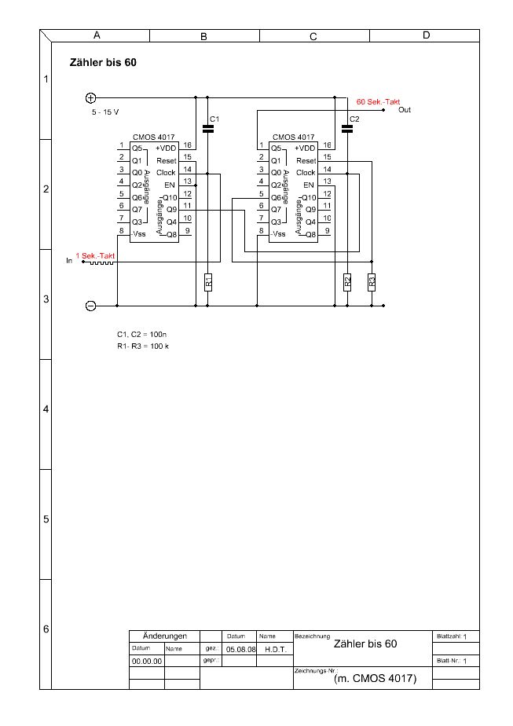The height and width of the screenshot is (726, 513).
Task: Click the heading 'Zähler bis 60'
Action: coord(104,63)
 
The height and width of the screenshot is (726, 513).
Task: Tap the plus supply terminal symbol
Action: coord(90,98)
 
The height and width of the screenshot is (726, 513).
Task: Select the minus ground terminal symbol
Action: coord(90,306)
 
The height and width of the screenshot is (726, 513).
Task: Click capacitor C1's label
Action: coord(213,119)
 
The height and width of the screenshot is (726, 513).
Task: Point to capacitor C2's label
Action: coord(354,119)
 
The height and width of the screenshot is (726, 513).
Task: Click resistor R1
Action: coord(207,281)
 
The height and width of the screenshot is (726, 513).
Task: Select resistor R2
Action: coord(347,281)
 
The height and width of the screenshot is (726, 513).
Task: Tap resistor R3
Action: coord(372,281)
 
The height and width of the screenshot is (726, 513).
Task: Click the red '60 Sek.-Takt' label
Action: coord(378,102)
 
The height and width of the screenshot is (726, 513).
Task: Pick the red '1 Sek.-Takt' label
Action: coord(96,255)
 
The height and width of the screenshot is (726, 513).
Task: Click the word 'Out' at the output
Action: coord(405,110)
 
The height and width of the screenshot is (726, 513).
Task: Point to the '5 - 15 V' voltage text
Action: coord(105,112)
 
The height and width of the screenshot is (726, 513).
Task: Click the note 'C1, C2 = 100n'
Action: coord(142,335)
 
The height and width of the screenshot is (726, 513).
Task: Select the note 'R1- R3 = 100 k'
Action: coord(143,346)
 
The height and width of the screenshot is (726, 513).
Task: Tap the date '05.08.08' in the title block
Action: coord(238,650)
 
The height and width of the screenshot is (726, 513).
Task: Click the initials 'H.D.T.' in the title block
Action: coord(274,650)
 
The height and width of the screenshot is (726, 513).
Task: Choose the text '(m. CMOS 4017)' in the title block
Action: coord(376,678)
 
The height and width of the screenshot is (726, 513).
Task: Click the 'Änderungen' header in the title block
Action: coord(164,636)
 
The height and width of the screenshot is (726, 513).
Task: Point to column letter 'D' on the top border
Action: coord(426,35)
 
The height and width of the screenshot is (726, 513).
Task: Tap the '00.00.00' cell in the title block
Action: coord(147,662)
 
